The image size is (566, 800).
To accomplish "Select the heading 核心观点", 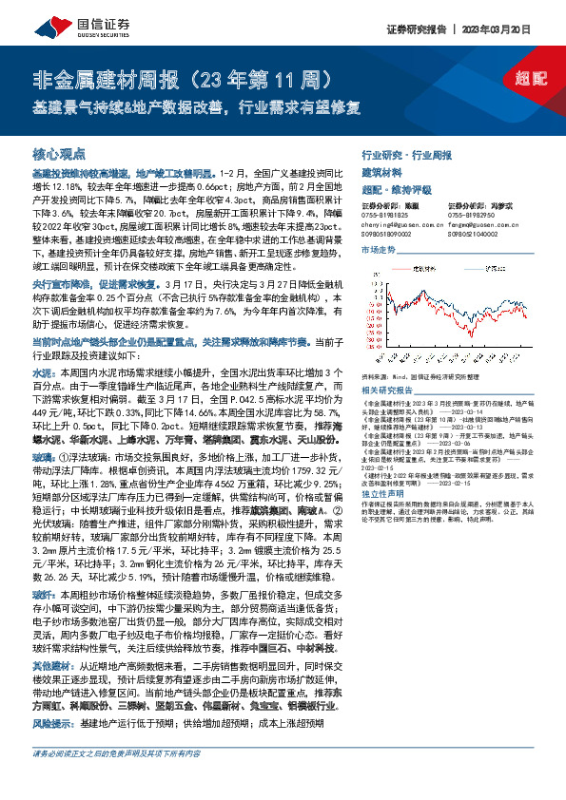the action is pos(59,153).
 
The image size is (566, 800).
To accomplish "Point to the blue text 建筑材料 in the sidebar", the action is pos(381,173).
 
